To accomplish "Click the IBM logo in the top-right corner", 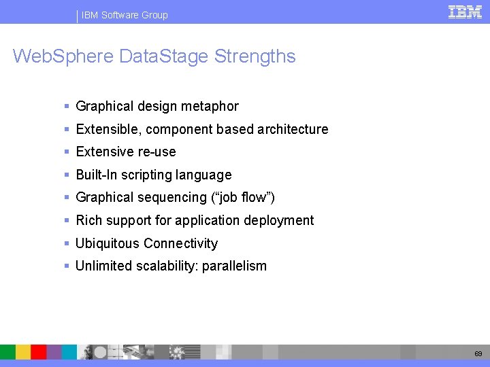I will click(x=465, y=12).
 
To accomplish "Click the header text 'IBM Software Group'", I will click(x=125, y=15).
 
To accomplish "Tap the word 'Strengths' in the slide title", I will click(x=255, y=56).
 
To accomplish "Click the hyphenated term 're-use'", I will click(x=157, y=152).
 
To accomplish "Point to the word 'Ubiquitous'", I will click(x=108, y=243).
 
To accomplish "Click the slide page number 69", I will click(x=478, y=353).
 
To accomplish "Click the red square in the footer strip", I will click(x=39, y=351).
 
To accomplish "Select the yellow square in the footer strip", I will click(x=23, y=351).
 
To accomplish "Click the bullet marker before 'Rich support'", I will click(x=66, y=220).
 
